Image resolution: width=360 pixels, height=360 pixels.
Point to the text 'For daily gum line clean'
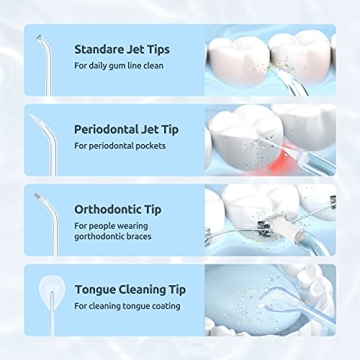118,65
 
